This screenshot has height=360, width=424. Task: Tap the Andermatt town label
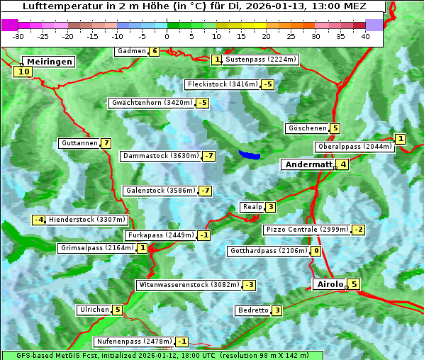pos(308,164)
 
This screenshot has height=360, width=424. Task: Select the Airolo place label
pos(330,284)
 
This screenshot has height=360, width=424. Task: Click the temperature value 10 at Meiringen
pos(23,71)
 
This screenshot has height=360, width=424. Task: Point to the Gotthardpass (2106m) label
pos(268,251)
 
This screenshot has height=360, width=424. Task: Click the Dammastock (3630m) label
pos(160,156)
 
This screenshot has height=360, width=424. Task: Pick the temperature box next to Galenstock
pos(206,191)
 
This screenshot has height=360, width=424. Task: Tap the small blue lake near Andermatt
pos(249,154)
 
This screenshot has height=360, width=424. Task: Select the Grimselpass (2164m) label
pos(96,248)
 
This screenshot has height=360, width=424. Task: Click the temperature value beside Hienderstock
pos(39,220)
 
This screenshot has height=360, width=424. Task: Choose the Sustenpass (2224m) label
pos(255,60)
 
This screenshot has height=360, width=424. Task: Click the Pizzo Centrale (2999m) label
pos(307,230)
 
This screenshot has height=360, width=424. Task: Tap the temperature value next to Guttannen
pos(106,143)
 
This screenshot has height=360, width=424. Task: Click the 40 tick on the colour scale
pos(365,35)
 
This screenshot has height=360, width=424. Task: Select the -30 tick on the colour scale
pos(18,35)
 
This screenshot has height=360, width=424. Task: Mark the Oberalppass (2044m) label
pos(355,147)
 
